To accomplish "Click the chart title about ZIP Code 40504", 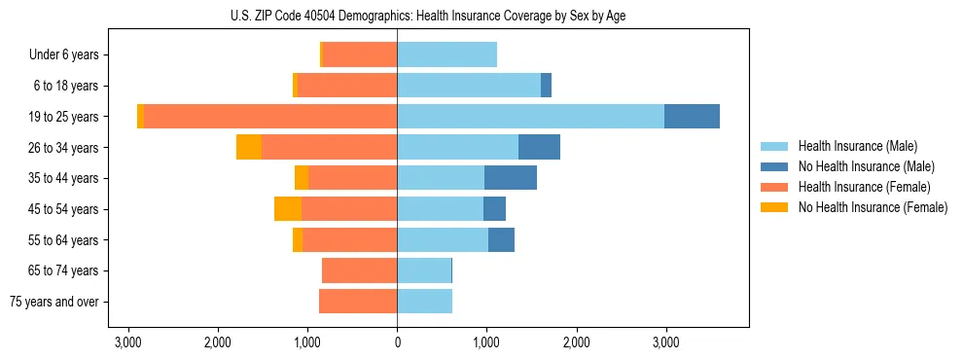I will click(428, 16).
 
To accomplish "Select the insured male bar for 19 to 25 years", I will click(530, 117).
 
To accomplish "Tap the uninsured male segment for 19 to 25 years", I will click(692, 117).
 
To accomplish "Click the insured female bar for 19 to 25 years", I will click(270, 117).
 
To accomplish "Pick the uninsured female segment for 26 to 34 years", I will click(249, 147).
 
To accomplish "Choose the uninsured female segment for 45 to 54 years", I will click(288, 209).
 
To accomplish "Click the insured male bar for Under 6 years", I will click(446, 55).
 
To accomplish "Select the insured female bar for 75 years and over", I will click(358, 302).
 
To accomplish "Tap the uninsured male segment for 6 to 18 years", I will click(546, 86).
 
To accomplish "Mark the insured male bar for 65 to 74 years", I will click(424, 270).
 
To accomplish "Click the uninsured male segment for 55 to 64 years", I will click(501, 239).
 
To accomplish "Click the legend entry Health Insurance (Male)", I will click(857, 146).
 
